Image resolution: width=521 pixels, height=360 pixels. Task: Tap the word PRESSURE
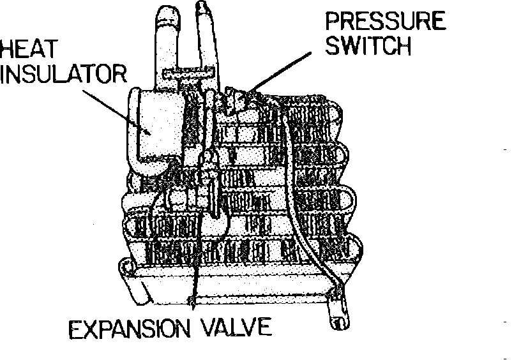coord(385,20)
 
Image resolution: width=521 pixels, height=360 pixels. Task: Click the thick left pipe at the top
coord(166,38)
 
